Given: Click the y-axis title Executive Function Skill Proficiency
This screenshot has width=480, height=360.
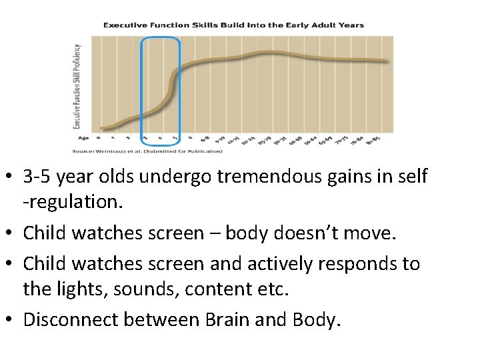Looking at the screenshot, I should click(x=77, y=86).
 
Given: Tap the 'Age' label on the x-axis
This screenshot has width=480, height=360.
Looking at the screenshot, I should click(x=83, y=139).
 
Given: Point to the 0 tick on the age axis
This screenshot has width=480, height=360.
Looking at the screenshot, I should click(x=99, y=139).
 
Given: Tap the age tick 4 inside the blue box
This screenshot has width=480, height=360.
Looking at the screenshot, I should click(x=160, y=139).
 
